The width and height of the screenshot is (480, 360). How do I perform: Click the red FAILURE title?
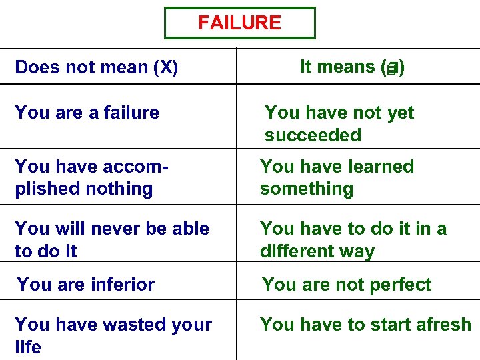(239, 23)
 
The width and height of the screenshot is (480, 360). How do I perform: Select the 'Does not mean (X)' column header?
(96, 67)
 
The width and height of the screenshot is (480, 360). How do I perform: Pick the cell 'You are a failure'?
(87, 113)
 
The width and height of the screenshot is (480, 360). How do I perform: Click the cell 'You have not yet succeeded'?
(339, 123)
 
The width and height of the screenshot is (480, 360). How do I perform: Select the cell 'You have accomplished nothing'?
(90, 177)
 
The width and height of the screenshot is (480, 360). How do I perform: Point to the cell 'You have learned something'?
(337, 177)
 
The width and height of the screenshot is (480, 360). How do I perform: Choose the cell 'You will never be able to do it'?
(111, 239)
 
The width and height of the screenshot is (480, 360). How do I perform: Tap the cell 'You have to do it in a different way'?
(353, 239)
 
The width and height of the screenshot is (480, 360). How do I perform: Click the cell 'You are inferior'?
(85, 285)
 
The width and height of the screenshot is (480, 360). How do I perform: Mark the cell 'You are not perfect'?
(347, 285)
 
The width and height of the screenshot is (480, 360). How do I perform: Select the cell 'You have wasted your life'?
(113, 335)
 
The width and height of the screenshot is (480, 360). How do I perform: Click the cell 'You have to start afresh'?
(365, 325)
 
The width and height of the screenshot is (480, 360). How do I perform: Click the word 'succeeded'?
(313, 135)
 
